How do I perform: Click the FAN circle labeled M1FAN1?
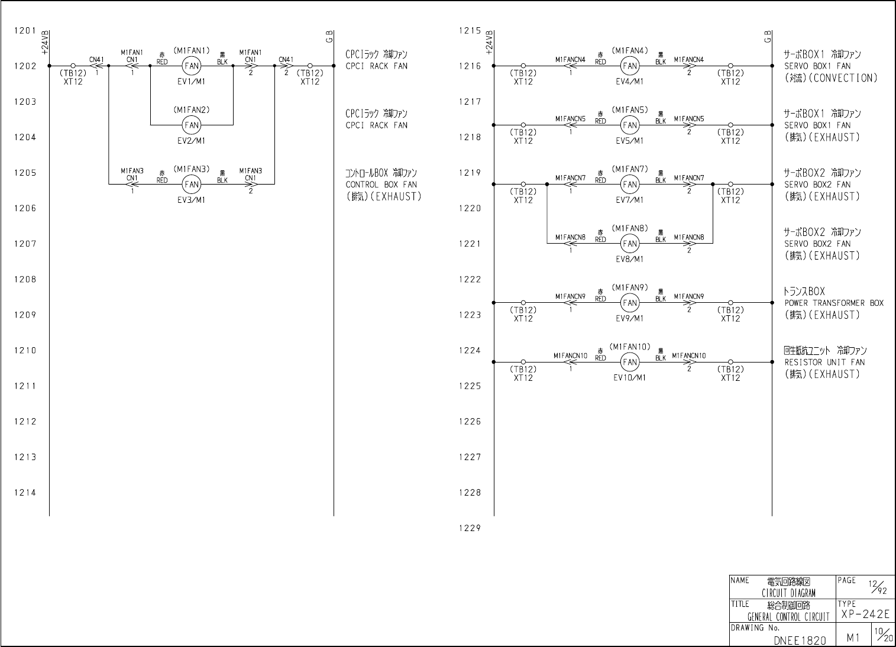[192, 66]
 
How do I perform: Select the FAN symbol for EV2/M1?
[192, 125]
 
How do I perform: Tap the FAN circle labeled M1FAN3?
[192, 185]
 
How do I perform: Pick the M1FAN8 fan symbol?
[630, 244]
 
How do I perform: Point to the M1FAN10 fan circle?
[630, 362]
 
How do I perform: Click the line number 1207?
[25, 244]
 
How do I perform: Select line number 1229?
[470, 528]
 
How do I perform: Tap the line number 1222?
[470, 279]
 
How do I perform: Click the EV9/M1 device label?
[630, 318]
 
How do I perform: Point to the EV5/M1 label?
[630, 141]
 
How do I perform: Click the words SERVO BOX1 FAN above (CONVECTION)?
[817, 66]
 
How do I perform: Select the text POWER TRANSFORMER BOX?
[834, 303]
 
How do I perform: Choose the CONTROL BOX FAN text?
[381, 185]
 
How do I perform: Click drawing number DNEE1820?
[800, 640]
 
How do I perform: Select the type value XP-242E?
[865, 614]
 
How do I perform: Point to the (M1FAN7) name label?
[630, 169]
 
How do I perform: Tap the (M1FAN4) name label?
[630, 51]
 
